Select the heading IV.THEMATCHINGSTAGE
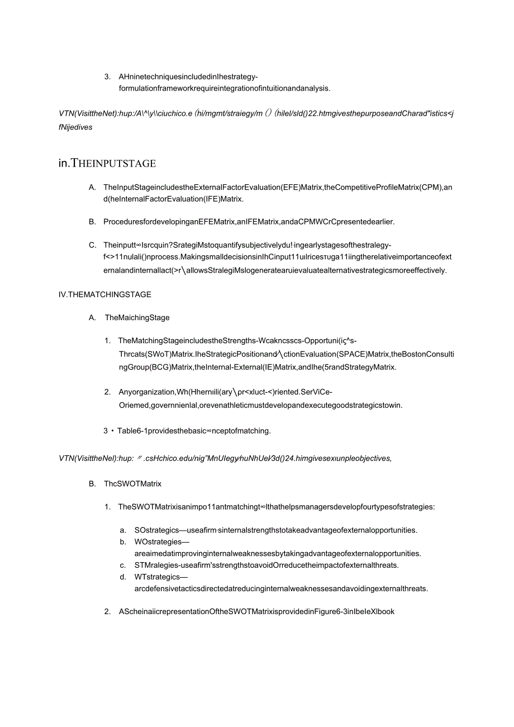[x=104, y=294]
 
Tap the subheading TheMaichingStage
[x=137, y=318]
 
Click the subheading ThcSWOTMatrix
[x=132, y=484]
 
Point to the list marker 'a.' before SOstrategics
[x=123, y=530]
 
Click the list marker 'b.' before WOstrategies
[x=123, y=542]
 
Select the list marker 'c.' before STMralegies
[x=123, y=565]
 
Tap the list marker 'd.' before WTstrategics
[x=123, y=577]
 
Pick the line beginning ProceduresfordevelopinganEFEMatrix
[x=249, y=222]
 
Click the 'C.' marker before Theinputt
[x=93, y=245]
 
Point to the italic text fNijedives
[x=75, y=127]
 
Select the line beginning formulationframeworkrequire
[x=224, y=88]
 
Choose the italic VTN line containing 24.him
[x=225, y=459]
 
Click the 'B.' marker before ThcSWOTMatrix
[x=93, y=484]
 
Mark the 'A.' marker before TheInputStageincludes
[x=93, y=187]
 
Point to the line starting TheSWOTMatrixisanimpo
[x=276, y=507]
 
